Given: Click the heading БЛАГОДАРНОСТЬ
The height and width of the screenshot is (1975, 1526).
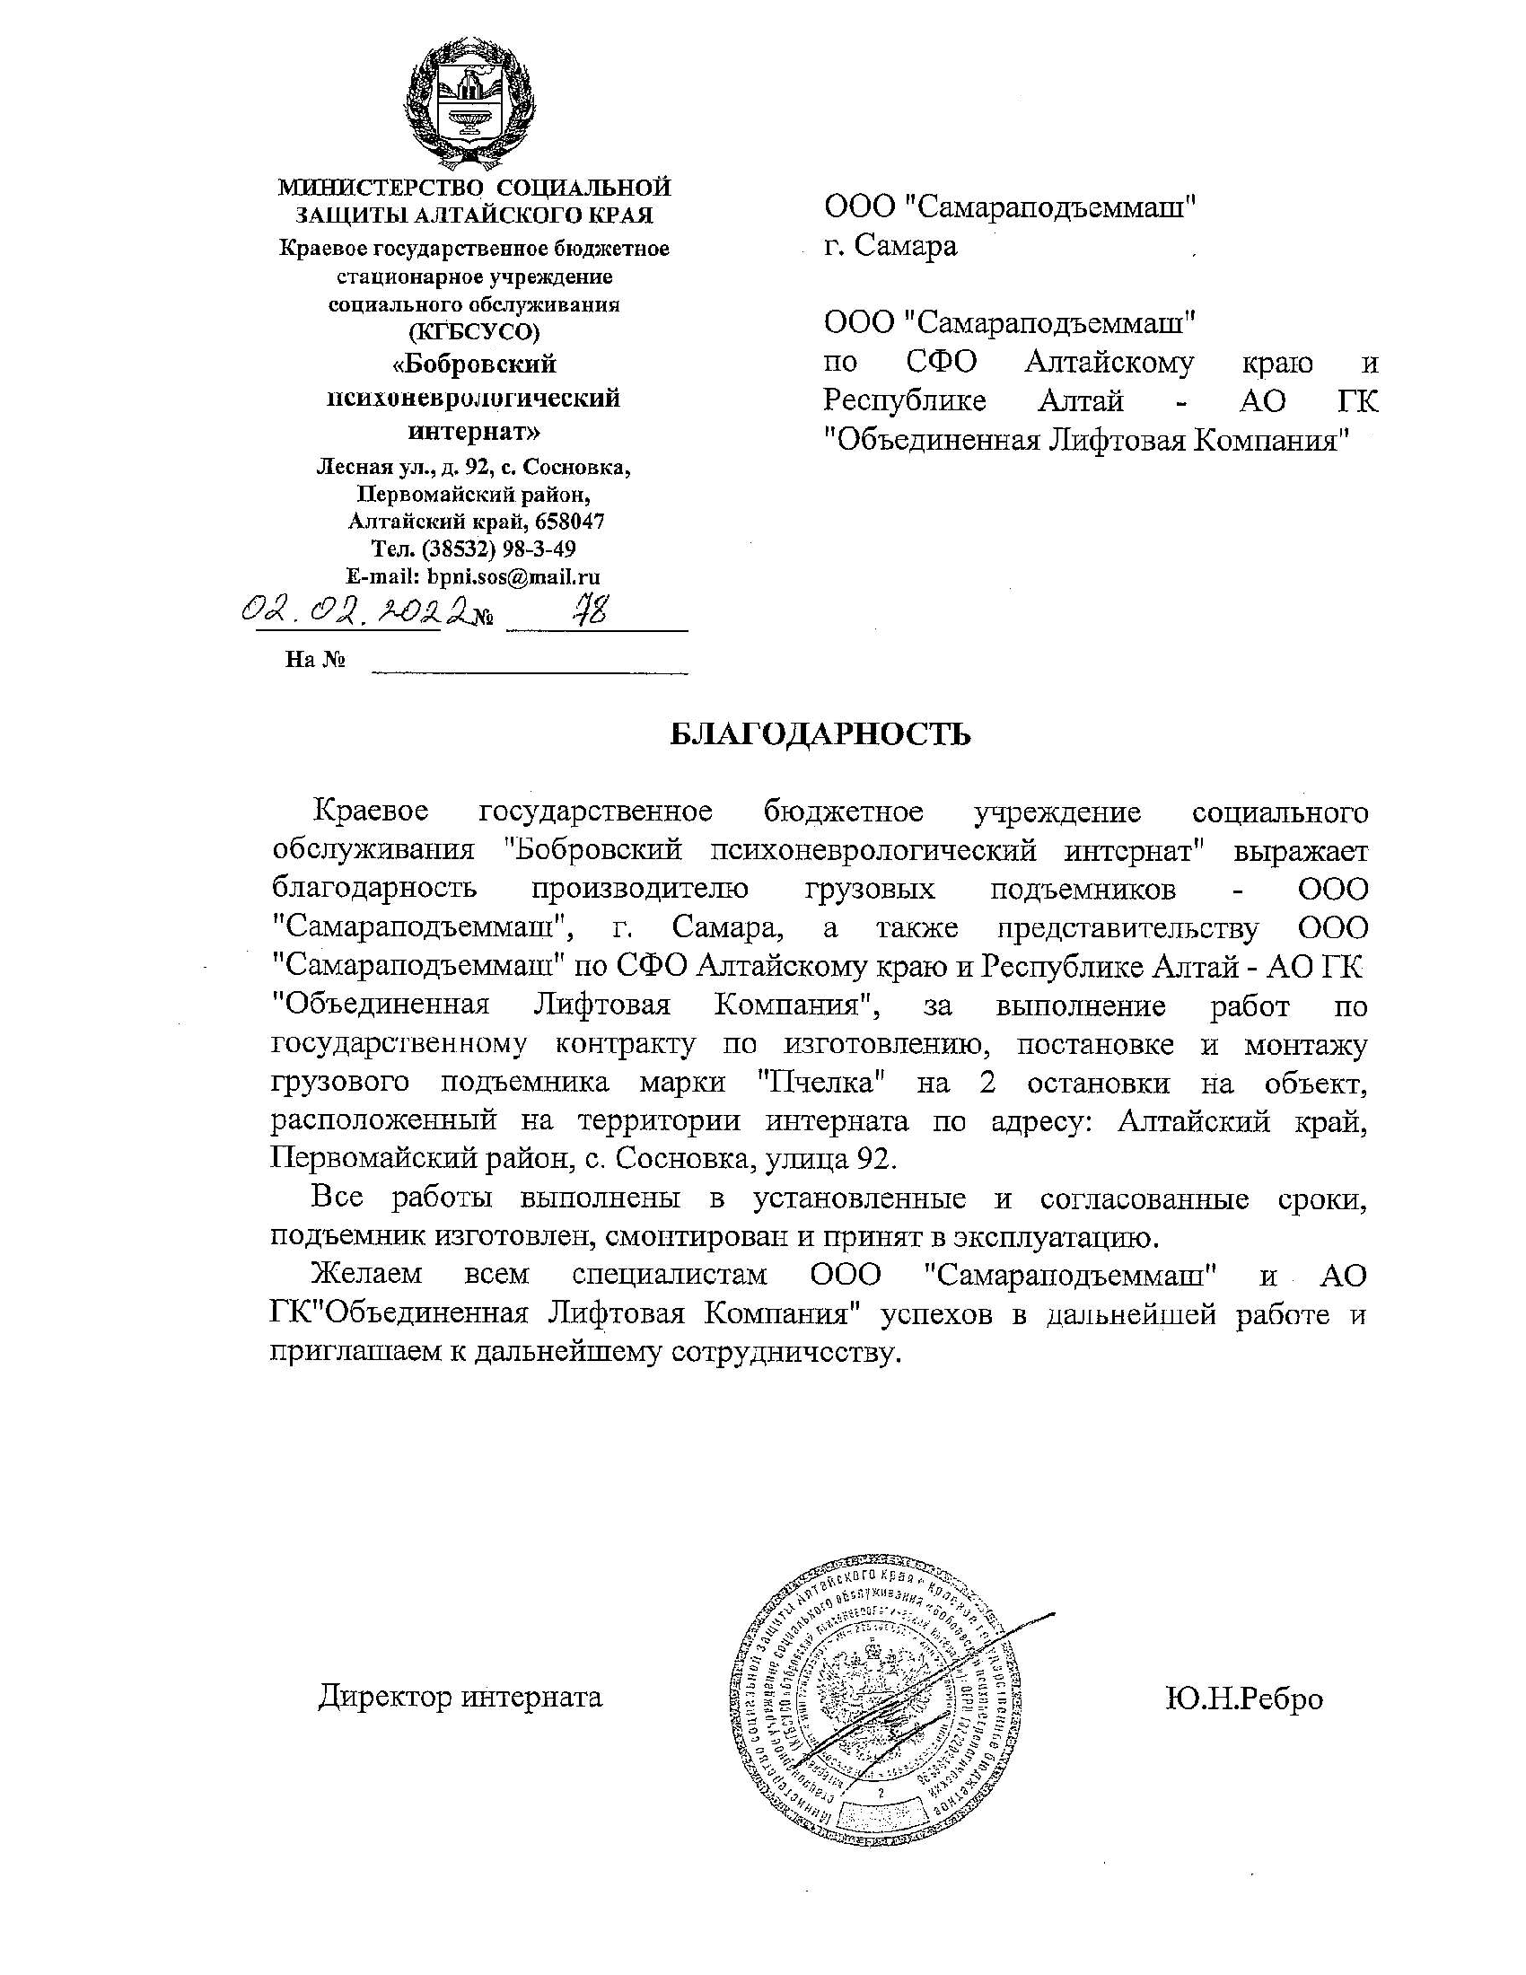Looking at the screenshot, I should [x=820, y=734].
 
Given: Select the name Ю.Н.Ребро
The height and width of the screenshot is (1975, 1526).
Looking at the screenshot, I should [x=1244, y=1698].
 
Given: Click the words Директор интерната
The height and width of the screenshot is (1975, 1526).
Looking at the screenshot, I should [x=460, y=1697].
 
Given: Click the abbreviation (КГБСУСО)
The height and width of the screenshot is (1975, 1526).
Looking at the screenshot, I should [x=474, y=332].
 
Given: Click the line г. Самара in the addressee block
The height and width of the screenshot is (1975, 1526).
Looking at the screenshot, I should [x=890, y=246].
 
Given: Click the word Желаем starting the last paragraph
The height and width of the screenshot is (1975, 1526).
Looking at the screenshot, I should [x=366, y=1275].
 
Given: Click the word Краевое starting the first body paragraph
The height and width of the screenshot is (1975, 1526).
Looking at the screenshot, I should [x=370, y=812].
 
